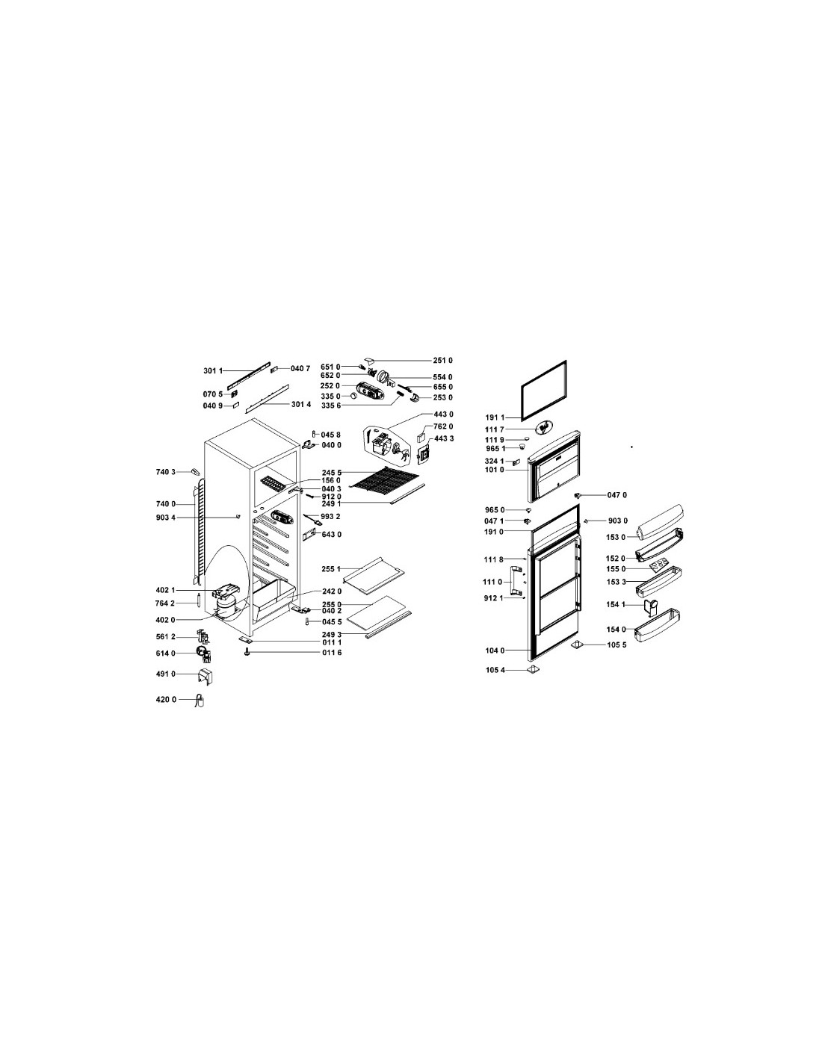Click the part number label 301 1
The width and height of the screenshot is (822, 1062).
pos(213,371)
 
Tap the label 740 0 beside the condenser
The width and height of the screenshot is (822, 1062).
pos(166,504)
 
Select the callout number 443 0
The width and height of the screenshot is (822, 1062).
pos(444,414)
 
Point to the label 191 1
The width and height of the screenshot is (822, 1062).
pos(495,418)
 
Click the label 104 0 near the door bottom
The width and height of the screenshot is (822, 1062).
pos(495,650)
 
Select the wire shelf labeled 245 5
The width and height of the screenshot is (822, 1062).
pos(387,485)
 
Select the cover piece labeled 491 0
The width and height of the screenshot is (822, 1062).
pos(207,675)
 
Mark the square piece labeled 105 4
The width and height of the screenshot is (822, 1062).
pos(533,670)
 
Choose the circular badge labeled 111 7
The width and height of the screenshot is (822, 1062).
pos(543,428)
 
